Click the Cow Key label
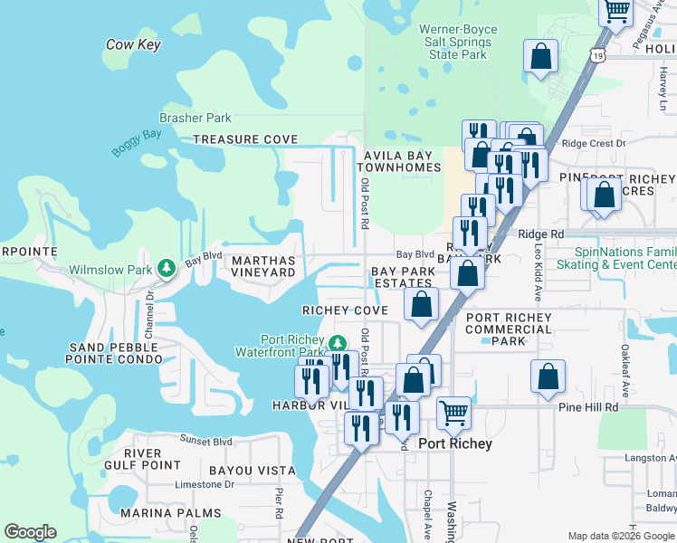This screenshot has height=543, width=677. pos(132,44)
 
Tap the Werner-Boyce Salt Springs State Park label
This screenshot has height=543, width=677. pos(458,42)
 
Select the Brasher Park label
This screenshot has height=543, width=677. pos(195,118)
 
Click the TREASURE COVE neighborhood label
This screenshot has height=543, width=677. pos(245,139)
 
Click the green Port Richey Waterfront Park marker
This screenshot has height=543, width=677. pos(337,343)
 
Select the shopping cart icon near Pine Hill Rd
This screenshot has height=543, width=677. pos(454,413)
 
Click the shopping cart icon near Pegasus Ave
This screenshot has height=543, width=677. pos(616,11)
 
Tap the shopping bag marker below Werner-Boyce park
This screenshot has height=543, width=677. pos(540,56)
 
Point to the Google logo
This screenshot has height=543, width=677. pos(30,532)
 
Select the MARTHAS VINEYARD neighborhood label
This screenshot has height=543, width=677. pos(264,266)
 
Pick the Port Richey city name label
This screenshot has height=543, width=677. pos(455,443)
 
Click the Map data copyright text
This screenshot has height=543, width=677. pos(620,535)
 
